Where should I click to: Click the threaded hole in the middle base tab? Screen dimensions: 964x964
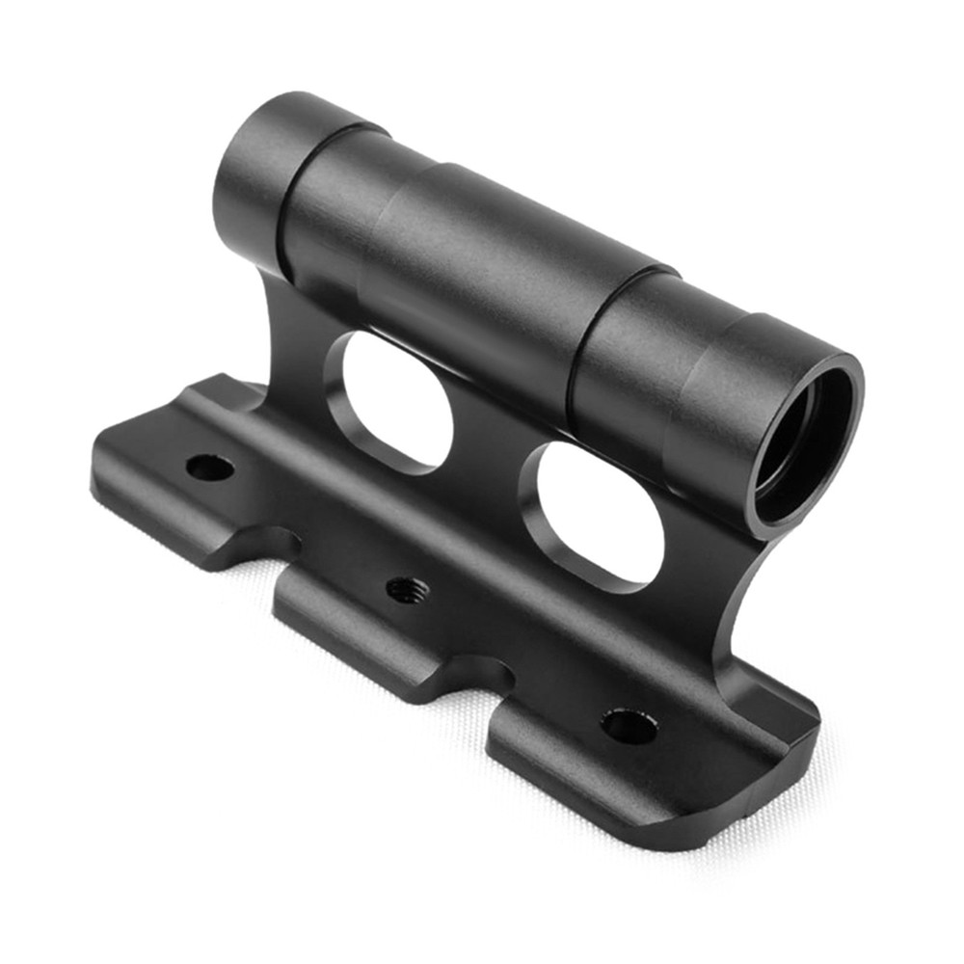407,588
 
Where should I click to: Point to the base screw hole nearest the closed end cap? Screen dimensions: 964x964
210,469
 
